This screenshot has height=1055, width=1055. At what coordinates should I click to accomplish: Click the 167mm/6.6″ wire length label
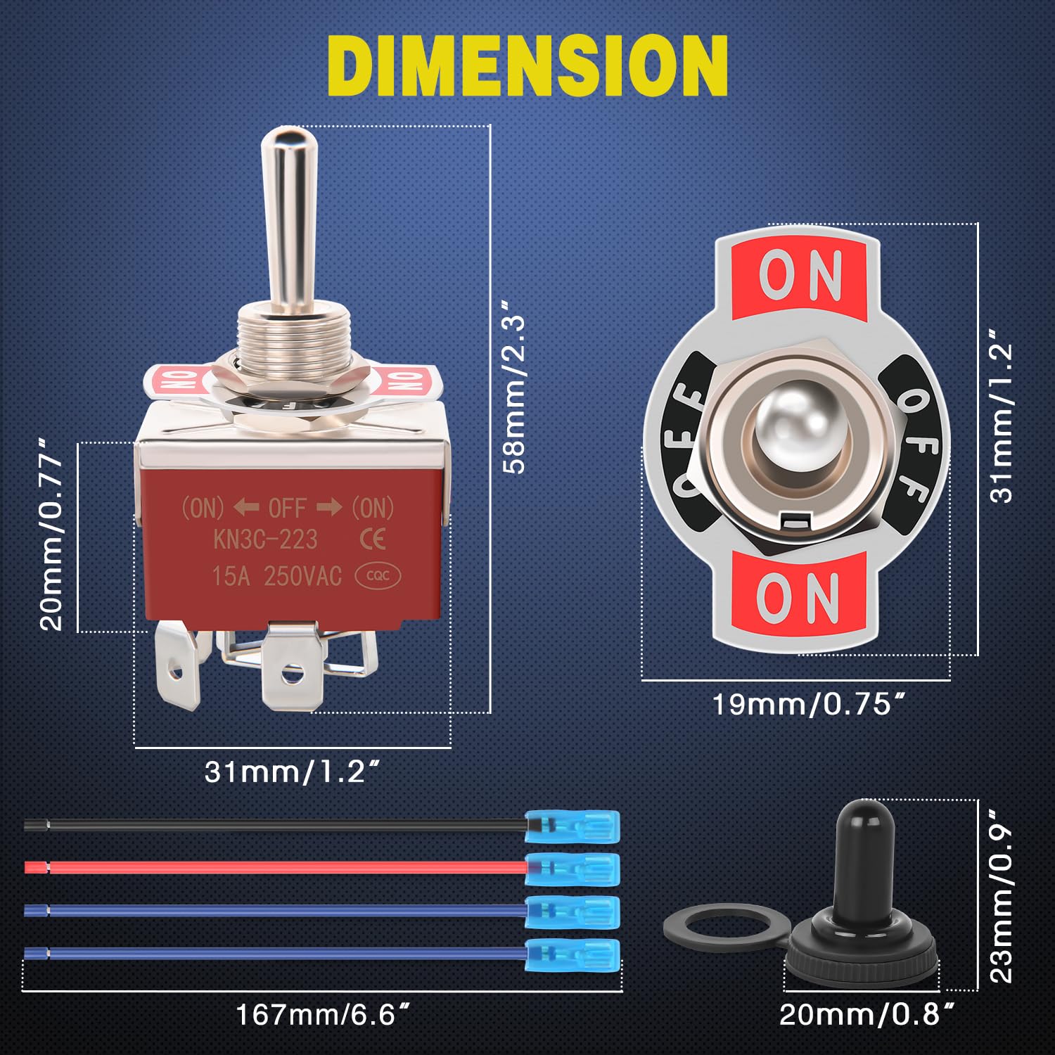coord(322,1015)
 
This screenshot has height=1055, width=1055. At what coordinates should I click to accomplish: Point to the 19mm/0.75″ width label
coord(808,704)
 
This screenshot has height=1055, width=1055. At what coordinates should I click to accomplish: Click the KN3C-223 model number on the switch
coord(266,540)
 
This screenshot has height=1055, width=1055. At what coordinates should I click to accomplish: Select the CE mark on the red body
coord(373,539)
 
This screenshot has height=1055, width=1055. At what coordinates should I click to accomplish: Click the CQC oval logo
coord(378,575)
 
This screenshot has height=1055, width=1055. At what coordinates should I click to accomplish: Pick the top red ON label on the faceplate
coord(800,276)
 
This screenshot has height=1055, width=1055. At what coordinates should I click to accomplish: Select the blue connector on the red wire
coord(573,869)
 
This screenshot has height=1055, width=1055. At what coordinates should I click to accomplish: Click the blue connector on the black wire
coord(573,826)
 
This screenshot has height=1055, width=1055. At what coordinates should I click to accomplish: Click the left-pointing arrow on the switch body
coord(245,506)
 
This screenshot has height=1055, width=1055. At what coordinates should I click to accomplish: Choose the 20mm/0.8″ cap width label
coord(867,1014)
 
